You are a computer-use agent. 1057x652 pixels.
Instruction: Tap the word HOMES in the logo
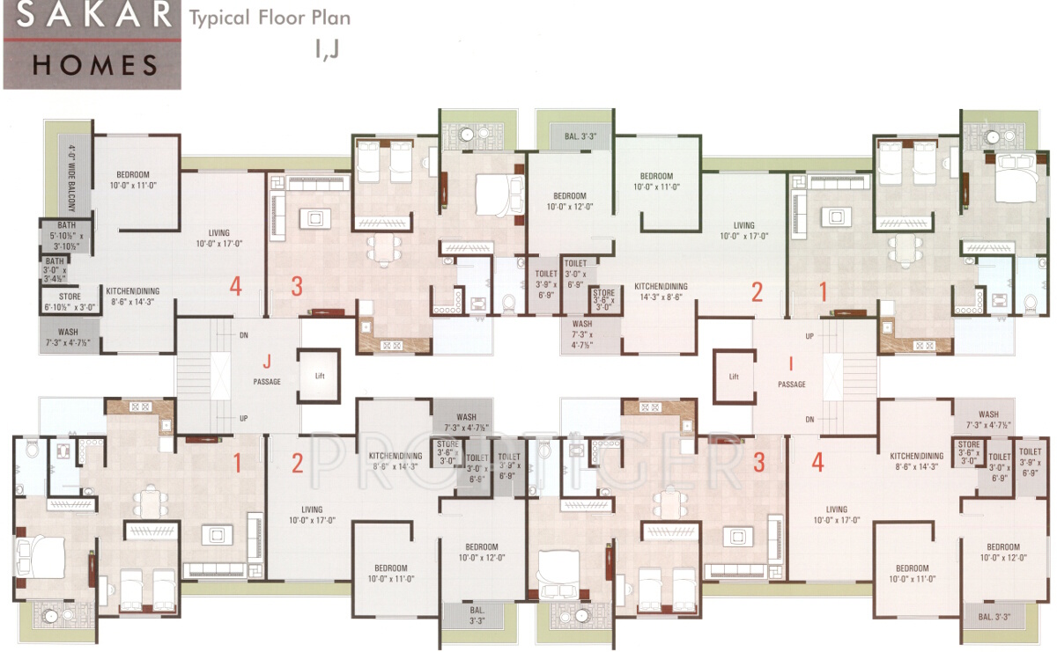click(x=96, y=64)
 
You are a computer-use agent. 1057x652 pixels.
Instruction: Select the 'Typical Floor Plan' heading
click(x=269, y=18)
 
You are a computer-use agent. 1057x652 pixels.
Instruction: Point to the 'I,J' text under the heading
click(x=326, y=49)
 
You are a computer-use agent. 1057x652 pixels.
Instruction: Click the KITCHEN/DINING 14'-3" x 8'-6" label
click(x=662, y=292)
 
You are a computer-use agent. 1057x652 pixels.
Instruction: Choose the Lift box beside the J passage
click(x=320, y=376)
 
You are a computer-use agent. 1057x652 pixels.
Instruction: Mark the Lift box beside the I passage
click(x=734, y=377)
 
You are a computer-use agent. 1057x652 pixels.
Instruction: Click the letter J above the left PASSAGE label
click(x=266, y=361)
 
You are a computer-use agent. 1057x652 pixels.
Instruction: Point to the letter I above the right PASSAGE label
click(x=791, y=362)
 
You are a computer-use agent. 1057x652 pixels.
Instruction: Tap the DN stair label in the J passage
click(x=243, y=335)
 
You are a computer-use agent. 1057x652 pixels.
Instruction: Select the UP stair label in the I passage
click(x=809, y=335)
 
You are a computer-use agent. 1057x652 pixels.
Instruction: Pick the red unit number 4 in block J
click(x=234, y=286)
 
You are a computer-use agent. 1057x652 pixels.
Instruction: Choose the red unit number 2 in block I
click(x=757, y=292)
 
